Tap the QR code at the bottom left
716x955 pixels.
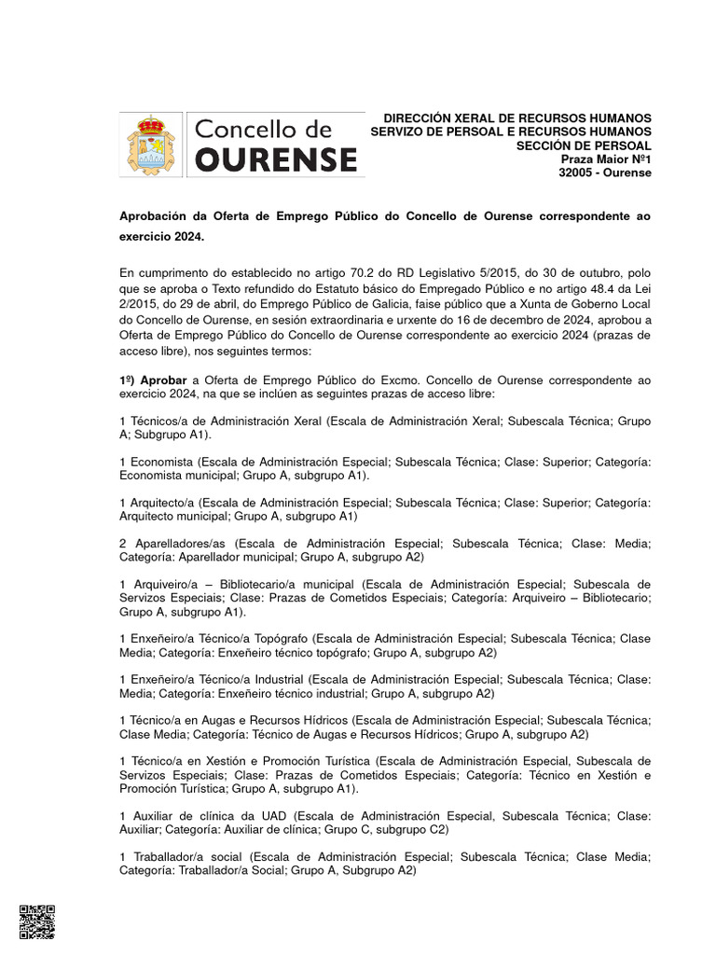click(x=37, y=921)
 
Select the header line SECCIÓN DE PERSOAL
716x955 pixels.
click(x=585, y=146)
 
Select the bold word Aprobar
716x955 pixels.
click(x=164, y=381)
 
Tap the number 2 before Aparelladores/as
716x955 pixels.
click(x=124, y=543)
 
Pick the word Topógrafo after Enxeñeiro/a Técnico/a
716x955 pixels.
click(x=282, y=639)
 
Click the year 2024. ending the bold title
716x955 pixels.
click(x=186, y=238)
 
